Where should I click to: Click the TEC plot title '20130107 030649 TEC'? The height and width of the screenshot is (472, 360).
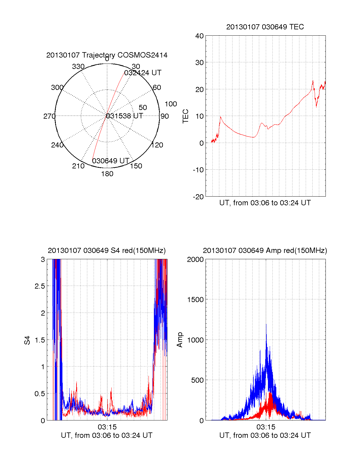[x=265, y=27]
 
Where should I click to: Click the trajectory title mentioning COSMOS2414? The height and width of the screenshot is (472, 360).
[x=107, y=55]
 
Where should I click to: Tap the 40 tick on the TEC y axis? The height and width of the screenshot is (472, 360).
[x=199, y=36]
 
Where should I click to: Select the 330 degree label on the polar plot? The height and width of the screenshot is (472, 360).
[x=78, y=67]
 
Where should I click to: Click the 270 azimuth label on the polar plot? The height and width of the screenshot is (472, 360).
[x=49, y=116]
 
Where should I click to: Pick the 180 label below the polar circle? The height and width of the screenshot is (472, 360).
[x=107, y=174]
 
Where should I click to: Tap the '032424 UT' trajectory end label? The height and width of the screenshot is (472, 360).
[x=143, y=73]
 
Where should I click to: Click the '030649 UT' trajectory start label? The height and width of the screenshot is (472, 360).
[x=110, y=161]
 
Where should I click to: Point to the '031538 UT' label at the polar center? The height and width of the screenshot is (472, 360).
[x=124, y=116]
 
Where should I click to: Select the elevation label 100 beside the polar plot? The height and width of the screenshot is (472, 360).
[x=171, y=104]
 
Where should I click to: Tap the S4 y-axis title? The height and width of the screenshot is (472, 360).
[x=27, y=340]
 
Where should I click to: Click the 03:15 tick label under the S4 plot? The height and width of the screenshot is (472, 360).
[x=107, y=427]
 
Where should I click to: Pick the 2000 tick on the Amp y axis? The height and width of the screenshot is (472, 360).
[x=195, y=260]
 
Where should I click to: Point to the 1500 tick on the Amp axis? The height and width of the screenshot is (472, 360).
[x=195, y=300]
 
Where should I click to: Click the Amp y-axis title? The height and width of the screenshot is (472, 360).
[x=180, y=340]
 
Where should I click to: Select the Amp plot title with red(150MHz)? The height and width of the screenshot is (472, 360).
[x=265, y=251]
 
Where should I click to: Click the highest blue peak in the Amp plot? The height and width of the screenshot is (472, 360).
[x=266, y=324]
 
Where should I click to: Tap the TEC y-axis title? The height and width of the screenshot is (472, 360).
[x=186, y=116]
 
